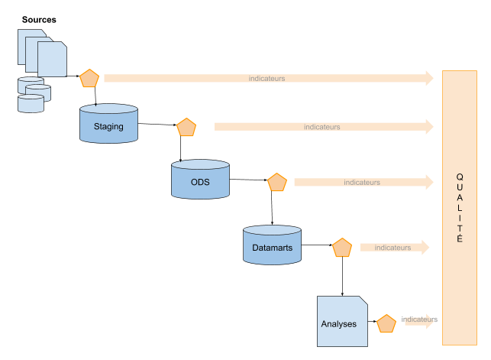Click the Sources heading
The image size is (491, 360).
pyautogui.click(x=39, y=19)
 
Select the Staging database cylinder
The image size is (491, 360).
pyautogui.click(x=108, y=125)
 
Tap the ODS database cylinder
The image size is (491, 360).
pyautogui.click(x=200, y=180)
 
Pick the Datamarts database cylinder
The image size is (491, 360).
pyautogui.click(x=272, y=247)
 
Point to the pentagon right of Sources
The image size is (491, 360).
pyautogui.click(x=90, y=79)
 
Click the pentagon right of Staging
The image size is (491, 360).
pyautogui.click(x=186, y=128)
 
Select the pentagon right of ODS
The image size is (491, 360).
pyautogui.click(x=276, y=183)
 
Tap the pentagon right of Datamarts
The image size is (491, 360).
pyautogui.click(x=341, y=248)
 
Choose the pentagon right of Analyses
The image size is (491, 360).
pyautogui.click(x=386, y=324)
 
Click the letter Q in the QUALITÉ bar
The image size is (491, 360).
pyautogui.click(x=459, y=177)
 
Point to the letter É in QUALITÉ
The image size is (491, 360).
pyautogui.click(x=459, y=238)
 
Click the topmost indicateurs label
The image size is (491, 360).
pyautogui.click(x=267, y=78)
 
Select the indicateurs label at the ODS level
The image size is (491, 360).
pyautogui.click(x=362, y=182)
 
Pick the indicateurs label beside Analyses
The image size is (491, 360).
pyautogui.click(x=419, y=319)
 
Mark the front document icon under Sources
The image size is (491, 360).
pyautogui.click(x=52, y=59)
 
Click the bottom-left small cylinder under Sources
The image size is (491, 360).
pyautogui.click(x=31, y=104)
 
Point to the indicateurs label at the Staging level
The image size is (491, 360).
pyautogui.click(x=321, y=127)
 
